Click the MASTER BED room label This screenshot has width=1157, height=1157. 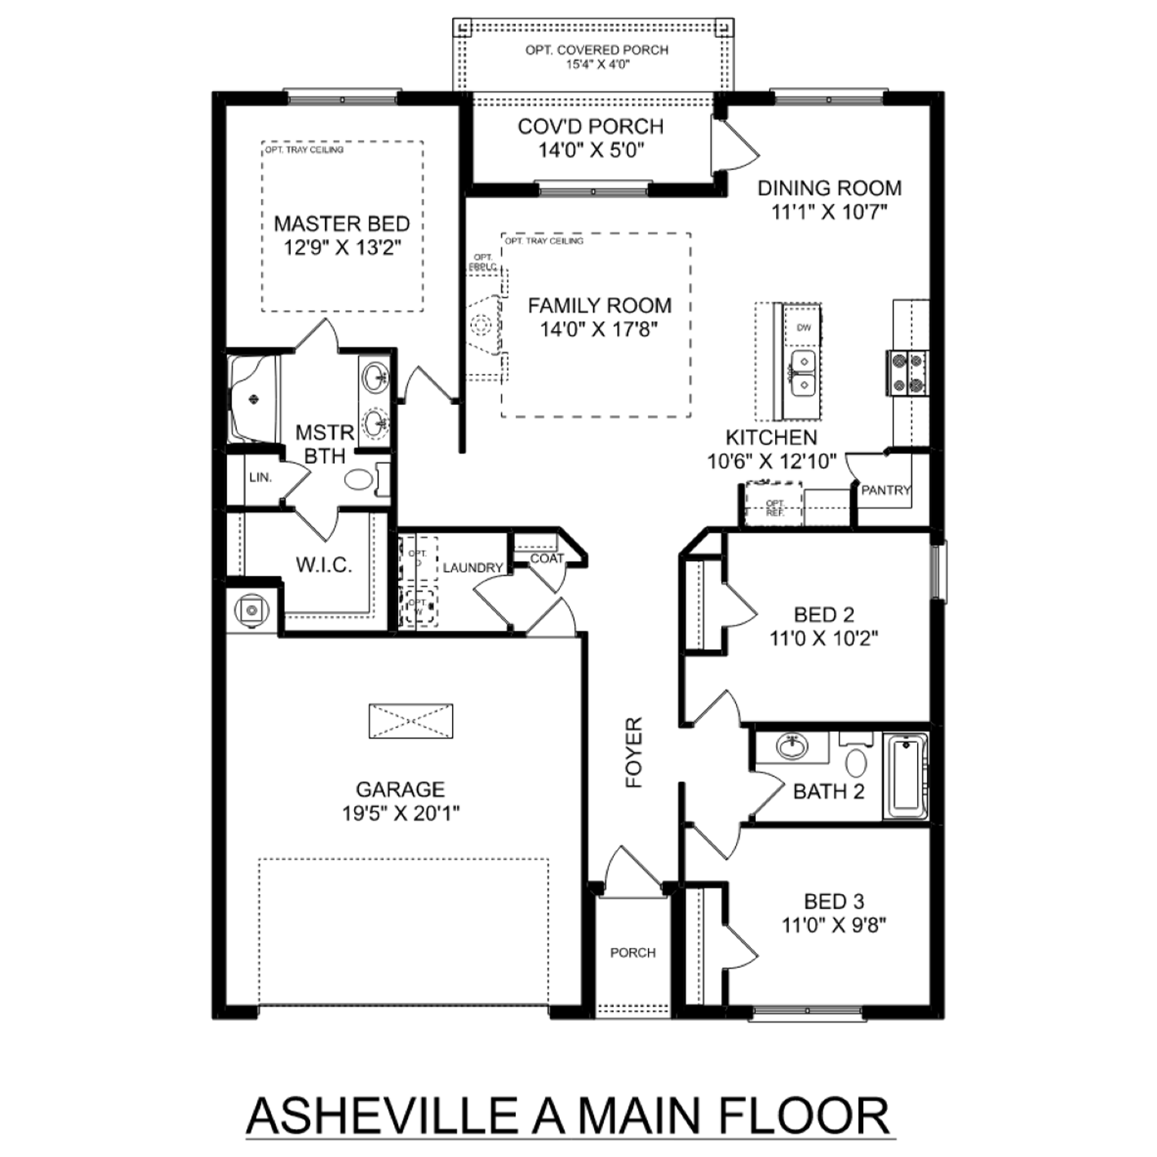pyautogui.click(x=342, y=224)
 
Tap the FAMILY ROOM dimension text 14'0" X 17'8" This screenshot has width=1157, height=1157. pyautogui.click(x=599, y=329)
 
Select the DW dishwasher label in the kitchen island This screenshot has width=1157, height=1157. pyautogui.click(x=804, y=328)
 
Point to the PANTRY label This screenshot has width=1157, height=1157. pyautogui.click(x=885, y=490)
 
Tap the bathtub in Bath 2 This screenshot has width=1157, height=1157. pyautogui.click(x=906, y=776)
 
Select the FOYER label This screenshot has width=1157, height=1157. pyautogui.click(x=634, y=752)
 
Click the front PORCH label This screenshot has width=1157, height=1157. pyautogui.click(x=632, y=953)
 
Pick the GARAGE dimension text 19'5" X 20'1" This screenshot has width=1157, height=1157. pyautogui.click(x=400, y=813)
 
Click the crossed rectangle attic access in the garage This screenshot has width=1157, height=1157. pyautogui.click(x=410, y=721)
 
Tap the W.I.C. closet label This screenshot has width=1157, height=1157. pyautogui.click(x=324, y=565)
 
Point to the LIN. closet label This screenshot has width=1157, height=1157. pyautogui.click(x=261, y=477)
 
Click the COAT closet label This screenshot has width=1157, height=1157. pyautogui.click(x=547, y=558)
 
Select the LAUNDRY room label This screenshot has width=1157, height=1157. pyautogui.click(x=473, y=568)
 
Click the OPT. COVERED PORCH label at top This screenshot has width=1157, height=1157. pyautogui.click(x=597, y=50)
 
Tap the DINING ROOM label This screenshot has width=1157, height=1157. pyautogui.click(x=829, y=188)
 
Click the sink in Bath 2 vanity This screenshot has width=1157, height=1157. pyautogui.click(x=791, y=746)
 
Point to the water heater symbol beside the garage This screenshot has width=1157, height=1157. pyautogui.click(x=251, y=610)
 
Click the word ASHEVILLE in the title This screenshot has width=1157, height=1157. pyautogui.click(x=382, y=1115)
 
